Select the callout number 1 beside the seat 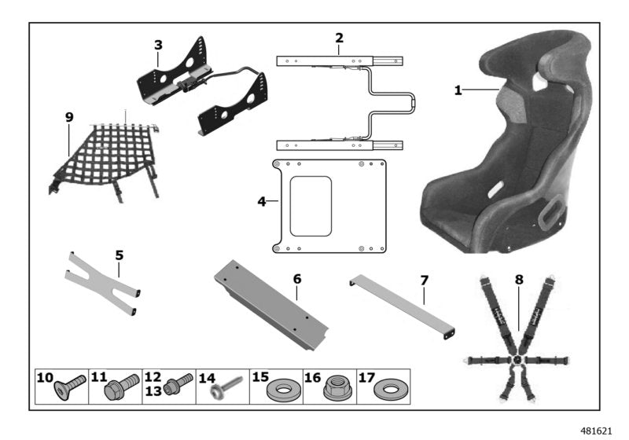pos(458,91)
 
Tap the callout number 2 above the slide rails pos(339,38)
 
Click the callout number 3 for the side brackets pos(158,46)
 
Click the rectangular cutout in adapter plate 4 pos(311,206)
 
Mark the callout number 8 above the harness pos(518,279)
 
